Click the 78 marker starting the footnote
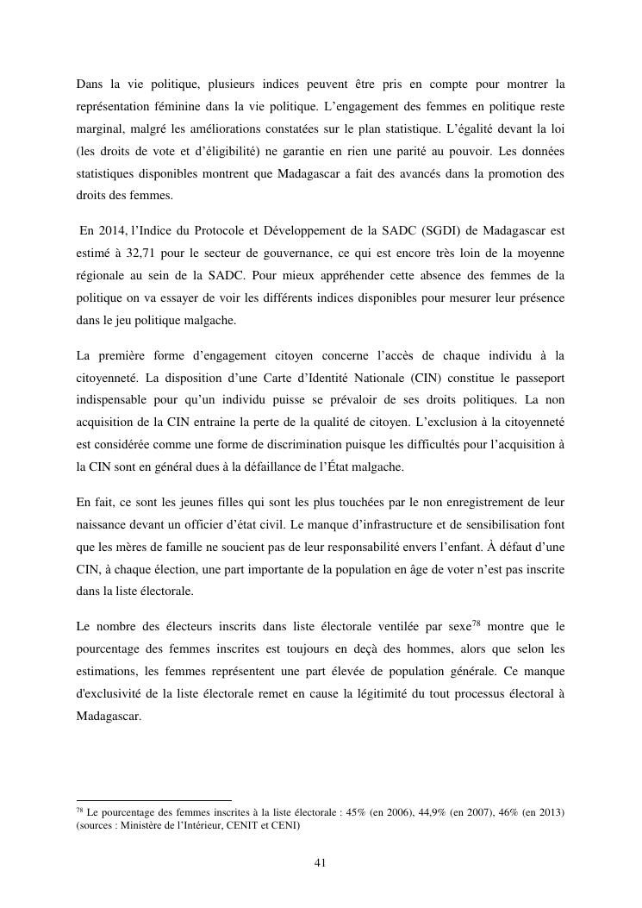coord(80,811)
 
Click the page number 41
coord(321,862)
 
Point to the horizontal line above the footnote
coord(154,800)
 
